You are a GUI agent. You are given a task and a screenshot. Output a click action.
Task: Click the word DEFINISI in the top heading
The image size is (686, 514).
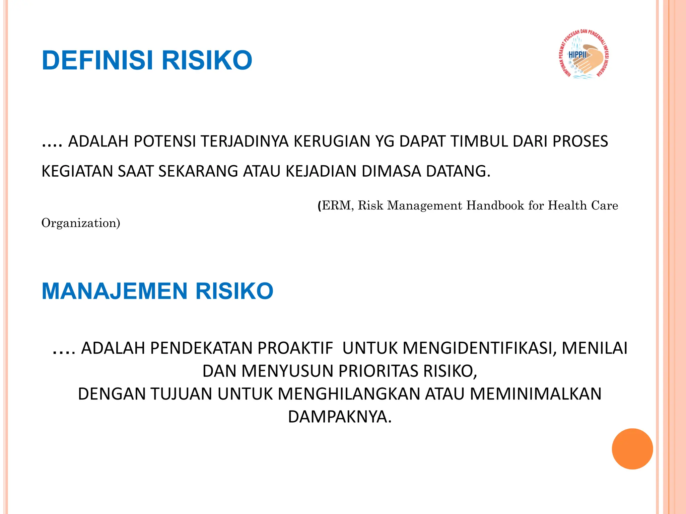click(x=97, y=61)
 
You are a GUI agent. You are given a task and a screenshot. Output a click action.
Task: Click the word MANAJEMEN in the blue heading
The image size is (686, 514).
click(x=114, y=291)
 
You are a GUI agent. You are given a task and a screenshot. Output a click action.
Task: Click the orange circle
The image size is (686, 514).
click(x=632, y=449)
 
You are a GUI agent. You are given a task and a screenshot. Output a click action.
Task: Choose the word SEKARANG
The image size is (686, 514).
click(x=198, y=171)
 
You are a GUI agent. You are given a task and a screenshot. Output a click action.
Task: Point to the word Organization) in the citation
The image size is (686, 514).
click(x=81, y=223)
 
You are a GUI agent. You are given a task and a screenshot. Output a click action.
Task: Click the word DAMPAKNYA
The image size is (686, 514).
click(x=340, y=417)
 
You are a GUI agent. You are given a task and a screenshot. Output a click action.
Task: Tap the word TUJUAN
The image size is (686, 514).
click(x=181, y=394)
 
